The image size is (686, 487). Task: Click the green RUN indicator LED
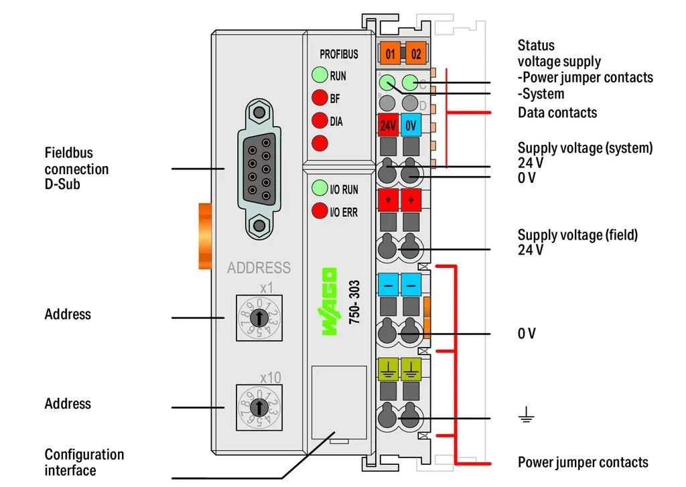[x=320, y=75]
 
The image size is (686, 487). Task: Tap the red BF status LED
[x=320, y=98]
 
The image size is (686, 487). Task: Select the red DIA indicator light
[x=320, y=121]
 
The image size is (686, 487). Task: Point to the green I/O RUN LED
[x=320, y=188]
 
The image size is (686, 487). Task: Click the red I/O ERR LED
[x=320, y=210]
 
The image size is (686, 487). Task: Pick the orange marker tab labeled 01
[x=390, y=54]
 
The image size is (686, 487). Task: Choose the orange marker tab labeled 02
[x=415, y=54]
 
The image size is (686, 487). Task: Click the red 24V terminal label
[x=388, y=125]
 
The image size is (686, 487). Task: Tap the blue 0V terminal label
[x=411, y=125]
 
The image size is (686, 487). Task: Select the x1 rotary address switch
[x=259, y=318]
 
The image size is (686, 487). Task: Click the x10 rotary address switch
[x=259, y=407]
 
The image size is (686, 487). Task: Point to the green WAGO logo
[x=330, y=301]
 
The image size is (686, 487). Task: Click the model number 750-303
[x=354, y=302]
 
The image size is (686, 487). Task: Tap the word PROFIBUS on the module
[x=338, y=54]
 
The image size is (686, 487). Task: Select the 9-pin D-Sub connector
[x=259, y=169]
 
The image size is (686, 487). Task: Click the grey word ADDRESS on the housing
[x=259, y=267]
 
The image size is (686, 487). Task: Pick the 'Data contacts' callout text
[x=557, y=113]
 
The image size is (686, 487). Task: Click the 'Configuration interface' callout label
[x=84, y=462]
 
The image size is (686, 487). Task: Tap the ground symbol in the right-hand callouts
[x=526, y=415]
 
